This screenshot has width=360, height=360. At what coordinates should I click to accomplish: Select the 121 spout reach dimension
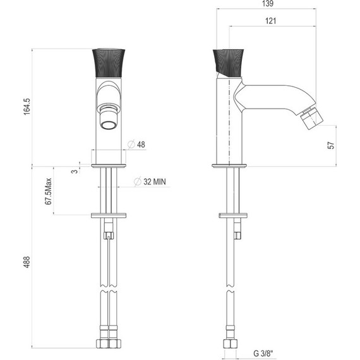point(272,21)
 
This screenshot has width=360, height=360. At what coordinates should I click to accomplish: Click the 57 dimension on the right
point(330,145)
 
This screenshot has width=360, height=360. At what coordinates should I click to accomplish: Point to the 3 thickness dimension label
point(74,171)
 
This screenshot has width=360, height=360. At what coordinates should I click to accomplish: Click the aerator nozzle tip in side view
point(311,117)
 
